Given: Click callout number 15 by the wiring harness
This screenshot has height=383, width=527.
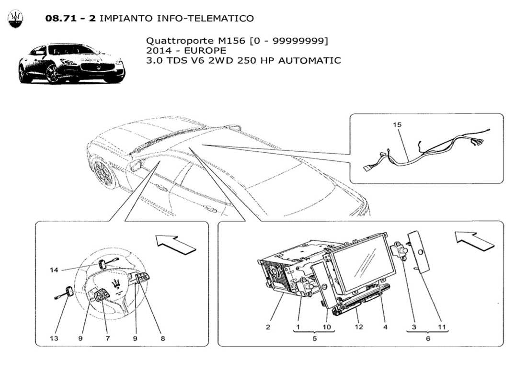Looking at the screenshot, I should pyautogui.click(x=398, y=124).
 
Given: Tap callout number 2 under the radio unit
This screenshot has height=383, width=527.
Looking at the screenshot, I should pyautogui.click(x=268, y=327).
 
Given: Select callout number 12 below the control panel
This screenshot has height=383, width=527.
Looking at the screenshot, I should pyautogui.click(x=359, y=327).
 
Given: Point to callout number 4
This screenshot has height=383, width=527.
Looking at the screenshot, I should pyautogui.click(x=385, y=327).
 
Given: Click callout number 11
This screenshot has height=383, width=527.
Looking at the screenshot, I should pyautogui.click(x=441, y=327).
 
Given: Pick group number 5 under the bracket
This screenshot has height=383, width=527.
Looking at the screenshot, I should pyautogui.click(x=314, y=338).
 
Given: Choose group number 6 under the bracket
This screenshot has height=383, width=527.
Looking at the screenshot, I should pyautogui.click(x=428, y=338).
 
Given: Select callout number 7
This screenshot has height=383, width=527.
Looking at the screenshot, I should pyautogui.click(x=107, y=338).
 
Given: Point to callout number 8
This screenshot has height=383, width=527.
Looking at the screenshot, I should pyautogui.click(x=162, y=338).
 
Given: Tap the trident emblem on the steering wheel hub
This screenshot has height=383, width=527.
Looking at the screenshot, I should pyautogui.click(x=115, y=282).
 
